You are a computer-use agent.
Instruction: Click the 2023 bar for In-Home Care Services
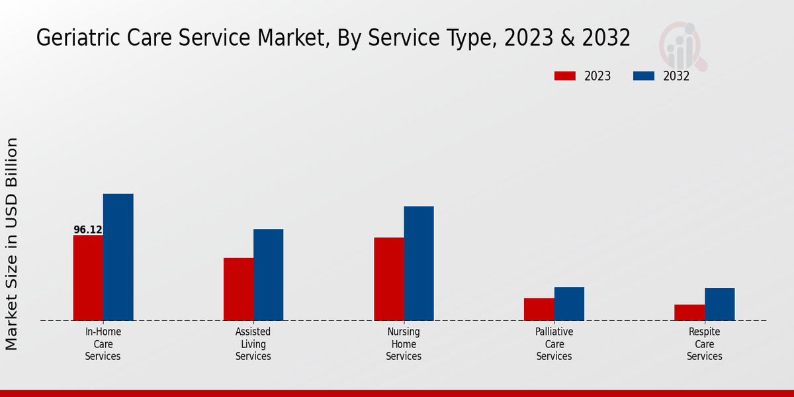88,278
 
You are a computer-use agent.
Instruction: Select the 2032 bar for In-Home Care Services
118,257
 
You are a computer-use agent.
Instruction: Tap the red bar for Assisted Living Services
238,289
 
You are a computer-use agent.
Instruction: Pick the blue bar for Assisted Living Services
268,275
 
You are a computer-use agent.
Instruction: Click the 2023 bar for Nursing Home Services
388,279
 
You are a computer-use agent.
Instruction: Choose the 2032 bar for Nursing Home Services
419,263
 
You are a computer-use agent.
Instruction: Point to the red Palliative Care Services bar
539,309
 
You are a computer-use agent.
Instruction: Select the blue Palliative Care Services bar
569,304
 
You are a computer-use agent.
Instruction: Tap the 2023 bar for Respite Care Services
689,312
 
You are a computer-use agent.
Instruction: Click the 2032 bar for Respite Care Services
719,304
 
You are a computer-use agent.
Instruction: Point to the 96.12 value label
88,230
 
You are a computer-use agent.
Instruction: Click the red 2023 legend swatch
565,76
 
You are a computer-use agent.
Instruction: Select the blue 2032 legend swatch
644,76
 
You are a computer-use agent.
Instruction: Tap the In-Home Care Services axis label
103,344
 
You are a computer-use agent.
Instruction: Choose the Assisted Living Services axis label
253,344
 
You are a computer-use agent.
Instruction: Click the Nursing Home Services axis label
404,344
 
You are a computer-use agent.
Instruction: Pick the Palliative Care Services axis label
554,344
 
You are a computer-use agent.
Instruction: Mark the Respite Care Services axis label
705,344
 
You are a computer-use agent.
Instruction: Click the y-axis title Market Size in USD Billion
12,243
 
